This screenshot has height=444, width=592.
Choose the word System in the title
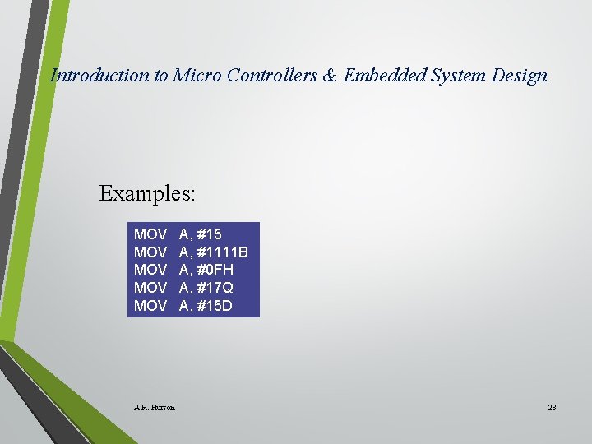point(461,76)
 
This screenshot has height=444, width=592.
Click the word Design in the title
point(520,76)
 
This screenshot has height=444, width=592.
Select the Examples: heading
point(147,193)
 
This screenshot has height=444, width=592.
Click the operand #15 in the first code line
point(209,234)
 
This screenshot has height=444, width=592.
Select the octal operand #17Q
point(215,288)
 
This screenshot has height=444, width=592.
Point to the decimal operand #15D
point(215,306)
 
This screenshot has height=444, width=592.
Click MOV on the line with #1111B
point(150,252)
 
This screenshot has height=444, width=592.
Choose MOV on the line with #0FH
point(150,270)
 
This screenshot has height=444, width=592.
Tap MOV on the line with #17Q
point(150,288)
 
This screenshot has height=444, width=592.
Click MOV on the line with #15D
point(150,306)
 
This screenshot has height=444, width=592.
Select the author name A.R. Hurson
point(154,407)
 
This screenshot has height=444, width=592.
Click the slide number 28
point(552,407)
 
